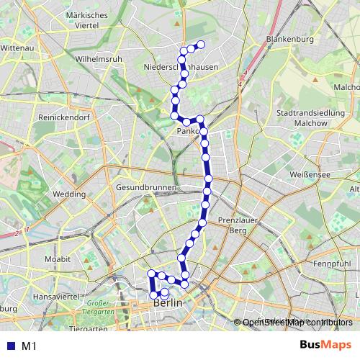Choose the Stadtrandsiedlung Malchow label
tap(312, 118)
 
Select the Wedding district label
tap(69, 194)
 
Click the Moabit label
tap(57, 258)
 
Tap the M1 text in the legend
tap(30, 346)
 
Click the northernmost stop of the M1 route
tap(201, 45)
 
